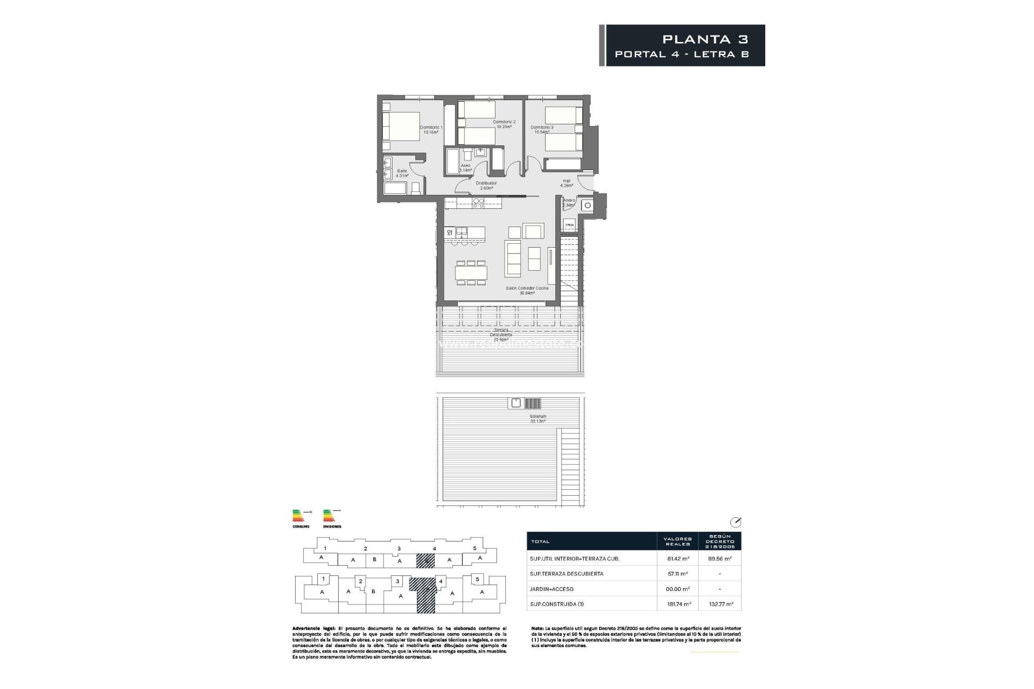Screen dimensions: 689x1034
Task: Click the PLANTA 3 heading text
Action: [705, 39]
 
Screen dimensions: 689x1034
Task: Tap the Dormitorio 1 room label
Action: [431, 130]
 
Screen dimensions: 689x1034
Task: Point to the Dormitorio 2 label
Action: [504, 124]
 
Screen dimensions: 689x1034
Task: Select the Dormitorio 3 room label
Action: [542, 130]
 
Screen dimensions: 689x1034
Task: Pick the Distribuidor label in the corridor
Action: [486, 186]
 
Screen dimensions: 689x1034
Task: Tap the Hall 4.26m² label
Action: [567, 183]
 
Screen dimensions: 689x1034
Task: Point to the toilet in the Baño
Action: [415, 188]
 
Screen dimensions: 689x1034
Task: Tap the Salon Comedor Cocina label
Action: [527, 291]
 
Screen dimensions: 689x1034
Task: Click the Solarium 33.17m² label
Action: [537, 419]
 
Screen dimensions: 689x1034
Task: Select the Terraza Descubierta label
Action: [501, 335]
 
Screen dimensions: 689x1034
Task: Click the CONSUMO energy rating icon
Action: [299, 517]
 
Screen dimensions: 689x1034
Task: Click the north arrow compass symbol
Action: [736, 522]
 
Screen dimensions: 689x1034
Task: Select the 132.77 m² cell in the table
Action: [719, 604]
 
